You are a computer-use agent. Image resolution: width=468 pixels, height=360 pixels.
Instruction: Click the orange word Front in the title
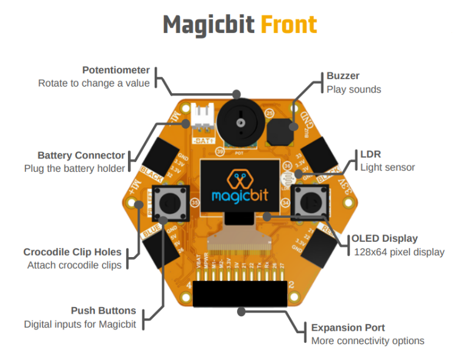(x=288, y=25)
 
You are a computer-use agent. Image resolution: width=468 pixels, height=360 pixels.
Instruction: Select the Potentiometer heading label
(x=116, y=70)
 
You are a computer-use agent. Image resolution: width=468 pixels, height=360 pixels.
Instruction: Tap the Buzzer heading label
(x=343, y=76)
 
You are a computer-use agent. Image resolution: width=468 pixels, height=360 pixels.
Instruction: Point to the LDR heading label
(x=370, y=154)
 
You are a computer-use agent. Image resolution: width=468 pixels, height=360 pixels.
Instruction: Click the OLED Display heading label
(x=385, y=239)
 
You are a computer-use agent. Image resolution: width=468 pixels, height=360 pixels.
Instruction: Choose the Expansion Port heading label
(x=348, y=327)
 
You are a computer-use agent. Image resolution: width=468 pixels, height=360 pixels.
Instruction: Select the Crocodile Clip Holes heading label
(x=73, y=252)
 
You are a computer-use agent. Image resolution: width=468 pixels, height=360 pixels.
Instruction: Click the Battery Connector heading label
(x=81, y=155)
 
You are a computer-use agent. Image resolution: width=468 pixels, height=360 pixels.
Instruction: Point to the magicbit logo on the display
(x=239, y=186)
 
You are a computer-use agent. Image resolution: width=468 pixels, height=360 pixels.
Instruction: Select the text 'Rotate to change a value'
(x=94, y=83)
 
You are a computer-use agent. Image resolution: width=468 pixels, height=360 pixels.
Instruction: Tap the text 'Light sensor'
(x=387, y=167)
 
